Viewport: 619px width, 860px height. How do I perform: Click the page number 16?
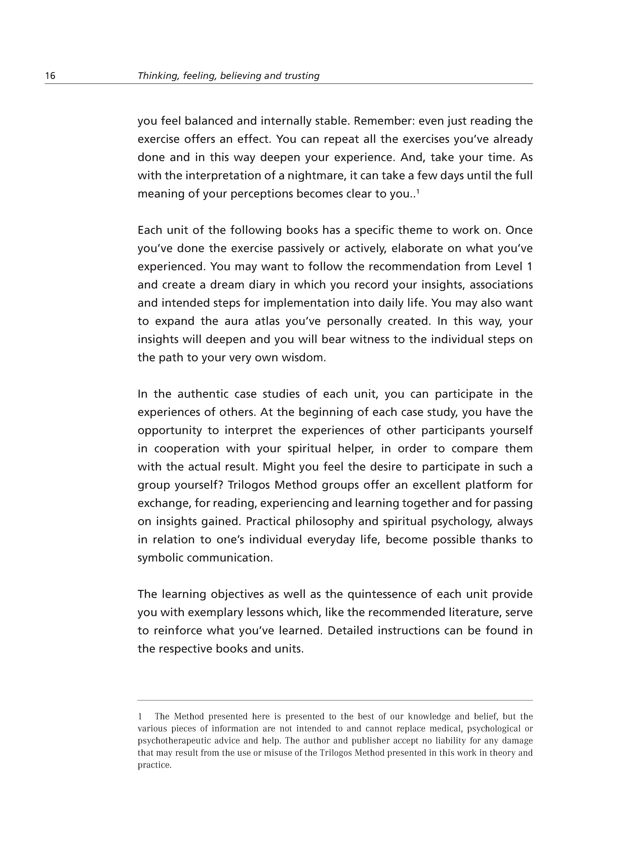coord(50,76)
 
